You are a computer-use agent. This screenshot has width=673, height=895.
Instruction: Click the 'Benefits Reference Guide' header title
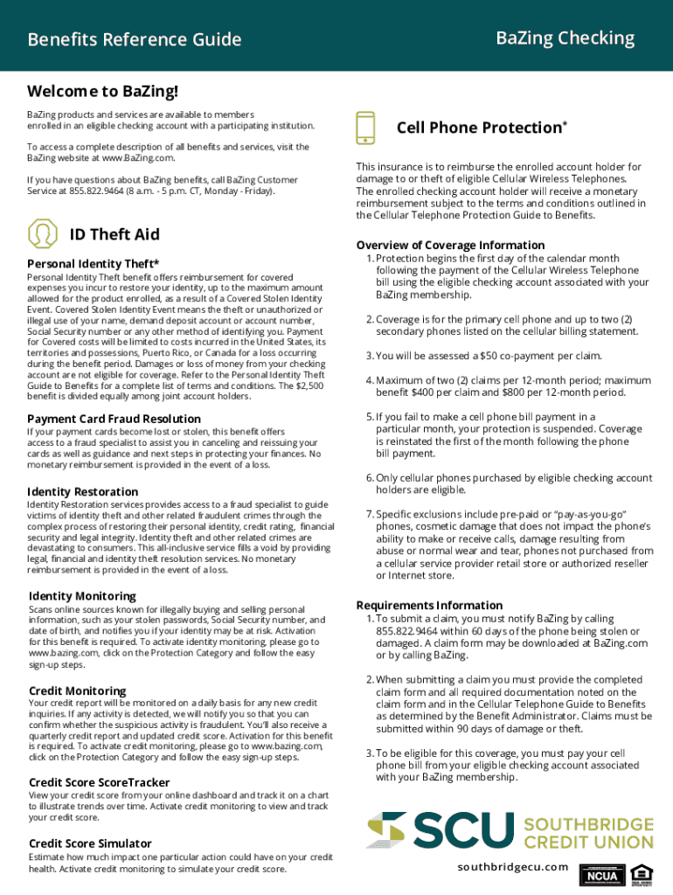tap(135, 40)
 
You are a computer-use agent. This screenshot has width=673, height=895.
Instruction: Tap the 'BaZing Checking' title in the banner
tap(565, 38)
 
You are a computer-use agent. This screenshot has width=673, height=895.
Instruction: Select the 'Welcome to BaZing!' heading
tap(102, 92)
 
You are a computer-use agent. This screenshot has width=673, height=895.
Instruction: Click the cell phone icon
tap(366, 128)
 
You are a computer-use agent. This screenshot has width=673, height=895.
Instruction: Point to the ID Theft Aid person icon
tap(42, 234)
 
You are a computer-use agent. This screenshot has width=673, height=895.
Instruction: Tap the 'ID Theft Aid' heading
tap(114, 234)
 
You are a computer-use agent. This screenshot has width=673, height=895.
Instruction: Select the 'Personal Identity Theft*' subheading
tap(94, 264)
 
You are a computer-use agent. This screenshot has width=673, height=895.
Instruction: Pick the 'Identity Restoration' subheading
tap(83, 491)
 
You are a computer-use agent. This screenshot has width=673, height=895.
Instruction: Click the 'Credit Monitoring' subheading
tap(78, 690)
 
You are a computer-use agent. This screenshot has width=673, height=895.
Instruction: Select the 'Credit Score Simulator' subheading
tap(90, 843)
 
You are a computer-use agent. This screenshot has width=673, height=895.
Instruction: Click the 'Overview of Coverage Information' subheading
tap(450, 246)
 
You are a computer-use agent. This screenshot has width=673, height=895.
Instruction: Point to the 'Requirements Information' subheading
tap(429, 605)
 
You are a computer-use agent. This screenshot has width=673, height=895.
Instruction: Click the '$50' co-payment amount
tap(490, 356)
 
